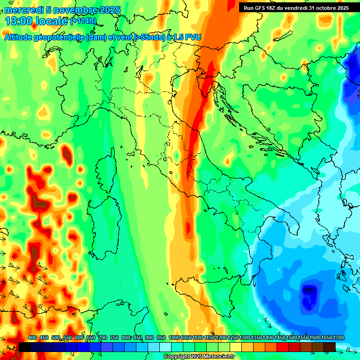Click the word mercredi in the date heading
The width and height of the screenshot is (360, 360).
[x=23, y=10]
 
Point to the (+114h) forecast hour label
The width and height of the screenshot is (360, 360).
[x=83, y=21]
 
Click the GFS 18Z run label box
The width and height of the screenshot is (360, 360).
[x=296, y=8]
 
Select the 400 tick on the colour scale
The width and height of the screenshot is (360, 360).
[x=32, y=337]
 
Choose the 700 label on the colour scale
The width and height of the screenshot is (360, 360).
[x=103, y=337]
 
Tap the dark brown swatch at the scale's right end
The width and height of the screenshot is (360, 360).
[x=330, y=347]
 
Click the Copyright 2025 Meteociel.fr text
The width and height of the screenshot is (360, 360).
[x=198, y=356]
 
